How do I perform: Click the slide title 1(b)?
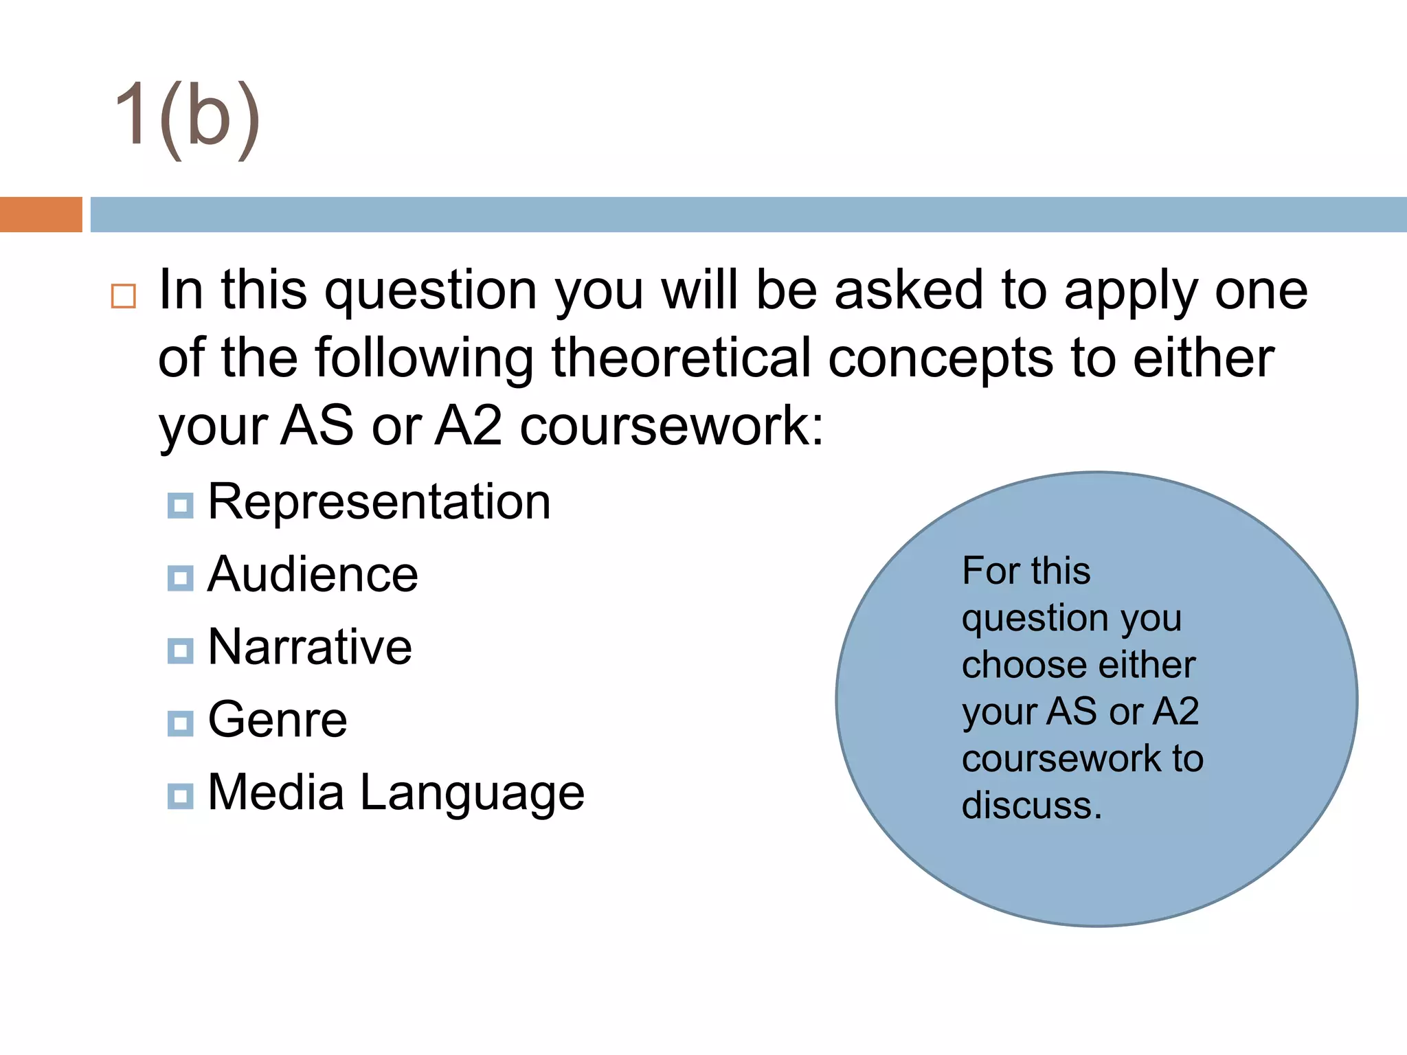click(x=187, y=117)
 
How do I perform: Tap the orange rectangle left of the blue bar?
click(x=41, y=214)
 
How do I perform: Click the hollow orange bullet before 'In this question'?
click(x=124, y=296)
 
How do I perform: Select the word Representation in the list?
click(x=379, y=502)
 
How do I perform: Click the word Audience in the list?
click(x=313, y=575)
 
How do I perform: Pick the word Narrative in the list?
click(x=310, y=648)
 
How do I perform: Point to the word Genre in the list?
click(x=278, y=721)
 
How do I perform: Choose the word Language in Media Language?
click(x=472, y=793)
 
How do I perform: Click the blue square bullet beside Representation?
click(x=180, y=506)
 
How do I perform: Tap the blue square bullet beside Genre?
click(x=180, y=723)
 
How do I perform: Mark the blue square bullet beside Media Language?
click(x=180, y=796)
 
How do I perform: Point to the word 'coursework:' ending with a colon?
click(x=671, y=427)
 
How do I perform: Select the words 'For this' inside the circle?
click(x=1026, y=571)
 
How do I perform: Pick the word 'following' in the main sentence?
click(x=424, y=360)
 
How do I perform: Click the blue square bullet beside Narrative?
click(x=180, y=650)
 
